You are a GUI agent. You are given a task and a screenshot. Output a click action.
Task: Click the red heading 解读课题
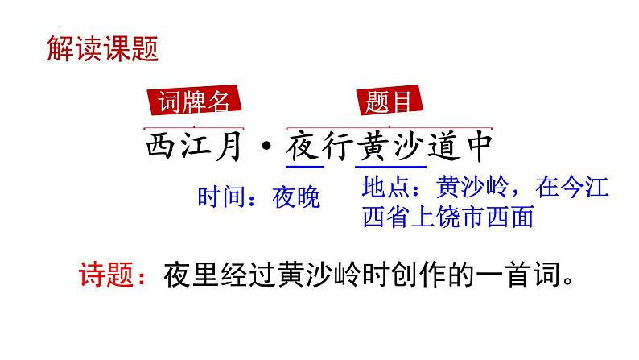pyautogui.click(x=102, y=49)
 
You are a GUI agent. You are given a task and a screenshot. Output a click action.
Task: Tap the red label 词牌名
pyautogui.click(x=194, y=101)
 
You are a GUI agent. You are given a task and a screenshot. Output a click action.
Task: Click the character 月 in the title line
pyautogui.click(x=229, y=146)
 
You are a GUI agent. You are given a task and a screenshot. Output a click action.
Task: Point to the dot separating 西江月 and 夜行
pyautogui.click(x=266, y=146)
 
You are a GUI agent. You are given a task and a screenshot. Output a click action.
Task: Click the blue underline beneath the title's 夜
pyautogui.click(x=305, y=167)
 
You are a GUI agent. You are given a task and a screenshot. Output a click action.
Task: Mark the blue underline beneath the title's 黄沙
pyautogui.click(x=391, y=167)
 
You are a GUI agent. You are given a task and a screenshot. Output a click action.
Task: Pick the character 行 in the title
pyautogui.click(x=338, y=146)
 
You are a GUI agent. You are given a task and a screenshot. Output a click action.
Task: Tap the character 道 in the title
pyautogui.click(x=444, y=146)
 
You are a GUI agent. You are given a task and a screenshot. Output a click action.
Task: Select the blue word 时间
pyautogui.click(x=221, y=197)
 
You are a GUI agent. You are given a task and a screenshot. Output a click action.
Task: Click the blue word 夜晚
pyautogui.click(x=296, y=197)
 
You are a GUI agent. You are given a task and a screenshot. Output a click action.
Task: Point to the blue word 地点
pyautogui.click(x=385, y=187)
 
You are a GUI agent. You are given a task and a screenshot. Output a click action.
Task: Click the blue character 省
pyautogui.click(x=398, y=217)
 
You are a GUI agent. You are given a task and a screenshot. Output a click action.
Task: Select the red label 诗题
pyautogui.click(x=106, y=275)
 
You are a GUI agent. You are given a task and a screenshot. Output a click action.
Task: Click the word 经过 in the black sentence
pyautogui.click(x=248, y=275)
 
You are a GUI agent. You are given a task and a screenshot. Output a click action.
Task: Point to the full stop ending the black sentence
pyautogui.click(x=567, y=281)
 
